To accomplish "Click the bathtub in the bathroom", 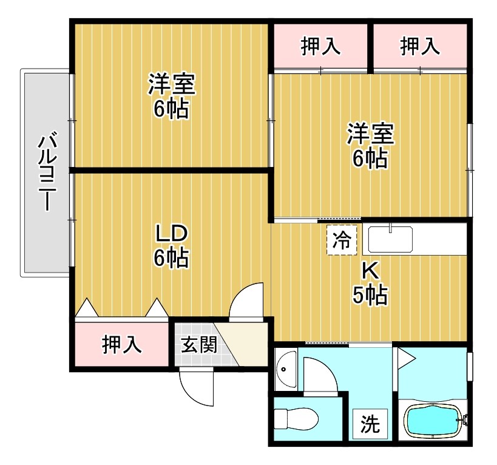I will coord(433,421).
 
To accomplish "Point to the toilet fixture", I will coord(296,419).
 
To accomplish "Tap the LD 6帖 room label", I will coord(171,246).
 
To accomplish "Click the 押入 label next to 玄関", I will coord(121,344).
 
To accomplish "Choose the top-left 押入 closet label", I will coord(320,47).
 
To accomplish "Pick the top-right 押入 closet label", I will coord(419,47).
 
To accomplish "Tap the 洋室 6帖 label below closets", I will coord(370,146).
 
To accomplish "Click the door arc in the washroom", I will coord(320,376).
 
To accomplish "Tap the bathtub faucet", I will coord(465,419).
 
